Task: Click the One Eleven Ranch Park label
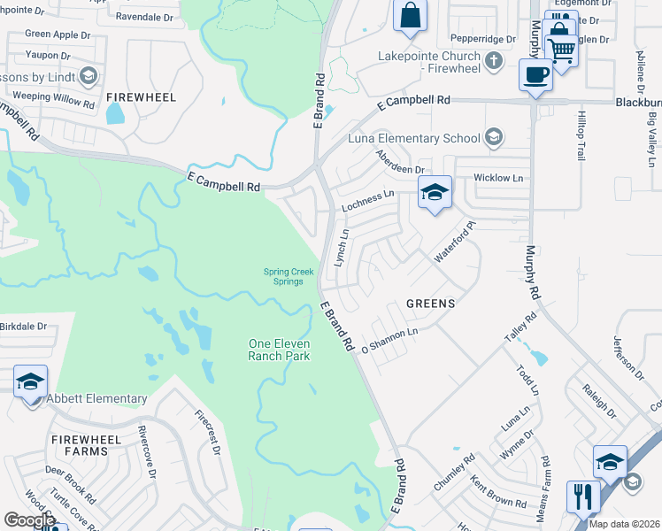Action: (x=279, y=350)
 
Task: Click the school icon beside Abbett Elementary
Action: (x=30, y=382)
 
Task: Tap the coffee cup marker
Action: (x=535, y=76)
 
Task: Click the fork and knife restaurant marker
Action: (x=583, y=496)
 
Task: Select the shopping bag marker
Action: (x=410, y=16)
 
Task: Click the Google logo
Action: (x=29, y=520)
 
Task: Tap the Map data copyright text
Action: (x=624, y=524)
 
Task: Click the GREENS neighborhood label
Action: (x=430, y=304)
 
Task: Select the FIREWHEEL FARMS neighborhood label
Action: (x=80, y=445)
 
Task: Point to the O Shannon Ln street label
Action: (x=389, y=341)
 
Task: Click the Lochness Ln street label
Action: (x=368, y=202)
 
